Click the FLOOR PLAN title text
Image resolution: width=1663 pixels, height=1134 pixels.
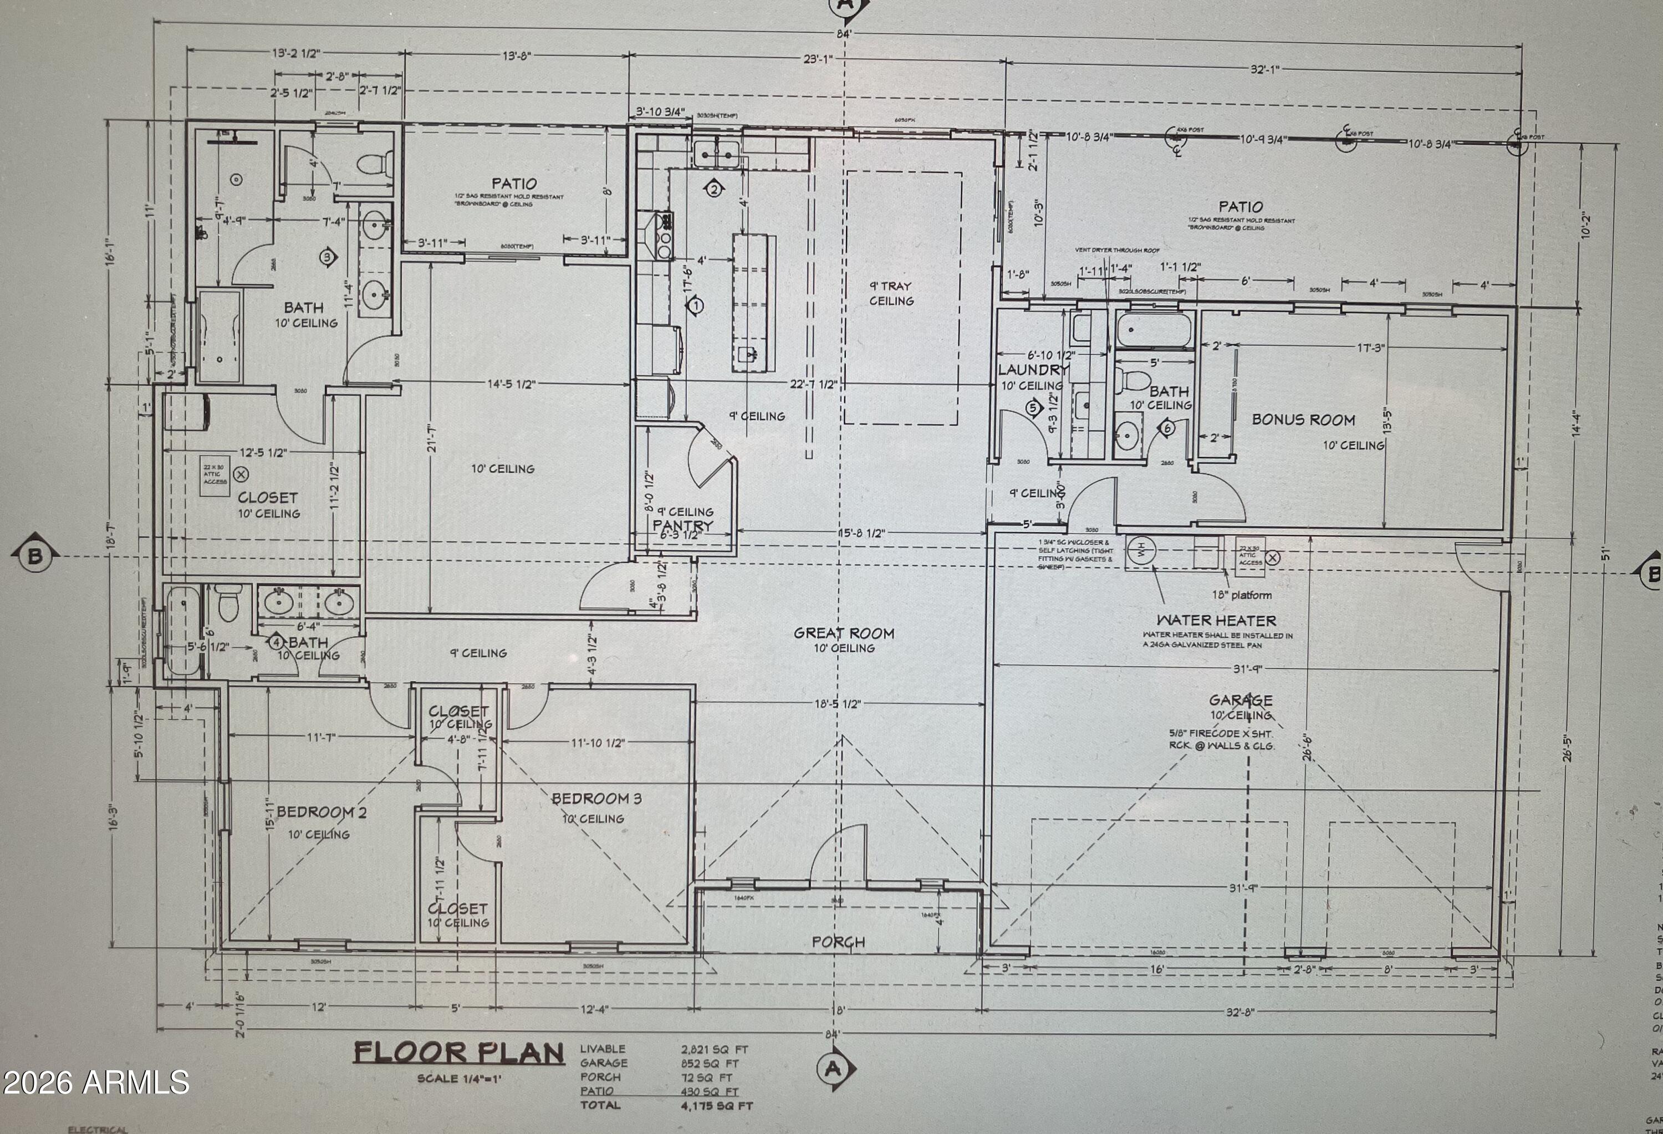click(458, 1053)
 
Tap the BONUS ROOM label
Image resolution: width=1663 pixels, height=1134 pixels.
click(1303, 420)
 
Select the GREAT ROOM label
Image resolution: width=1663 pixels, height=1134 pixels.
click(844, 633)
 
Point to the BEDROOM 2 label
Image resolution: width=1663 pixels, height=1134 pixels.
click(322, 812)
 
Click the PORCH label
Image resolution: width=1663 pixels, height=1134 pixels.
click(838, 942)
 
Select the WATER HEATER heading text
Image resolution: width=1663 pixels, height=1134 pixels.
click(1216, 620)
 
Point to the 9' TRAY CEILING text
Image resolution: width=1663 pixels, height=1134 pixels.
click(891, 293)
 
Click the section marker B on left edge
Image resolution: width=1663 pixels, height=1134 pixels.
click(34, 556)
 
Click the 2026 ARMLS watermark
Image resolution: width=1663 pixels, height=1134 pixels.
click(96, 1082)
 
